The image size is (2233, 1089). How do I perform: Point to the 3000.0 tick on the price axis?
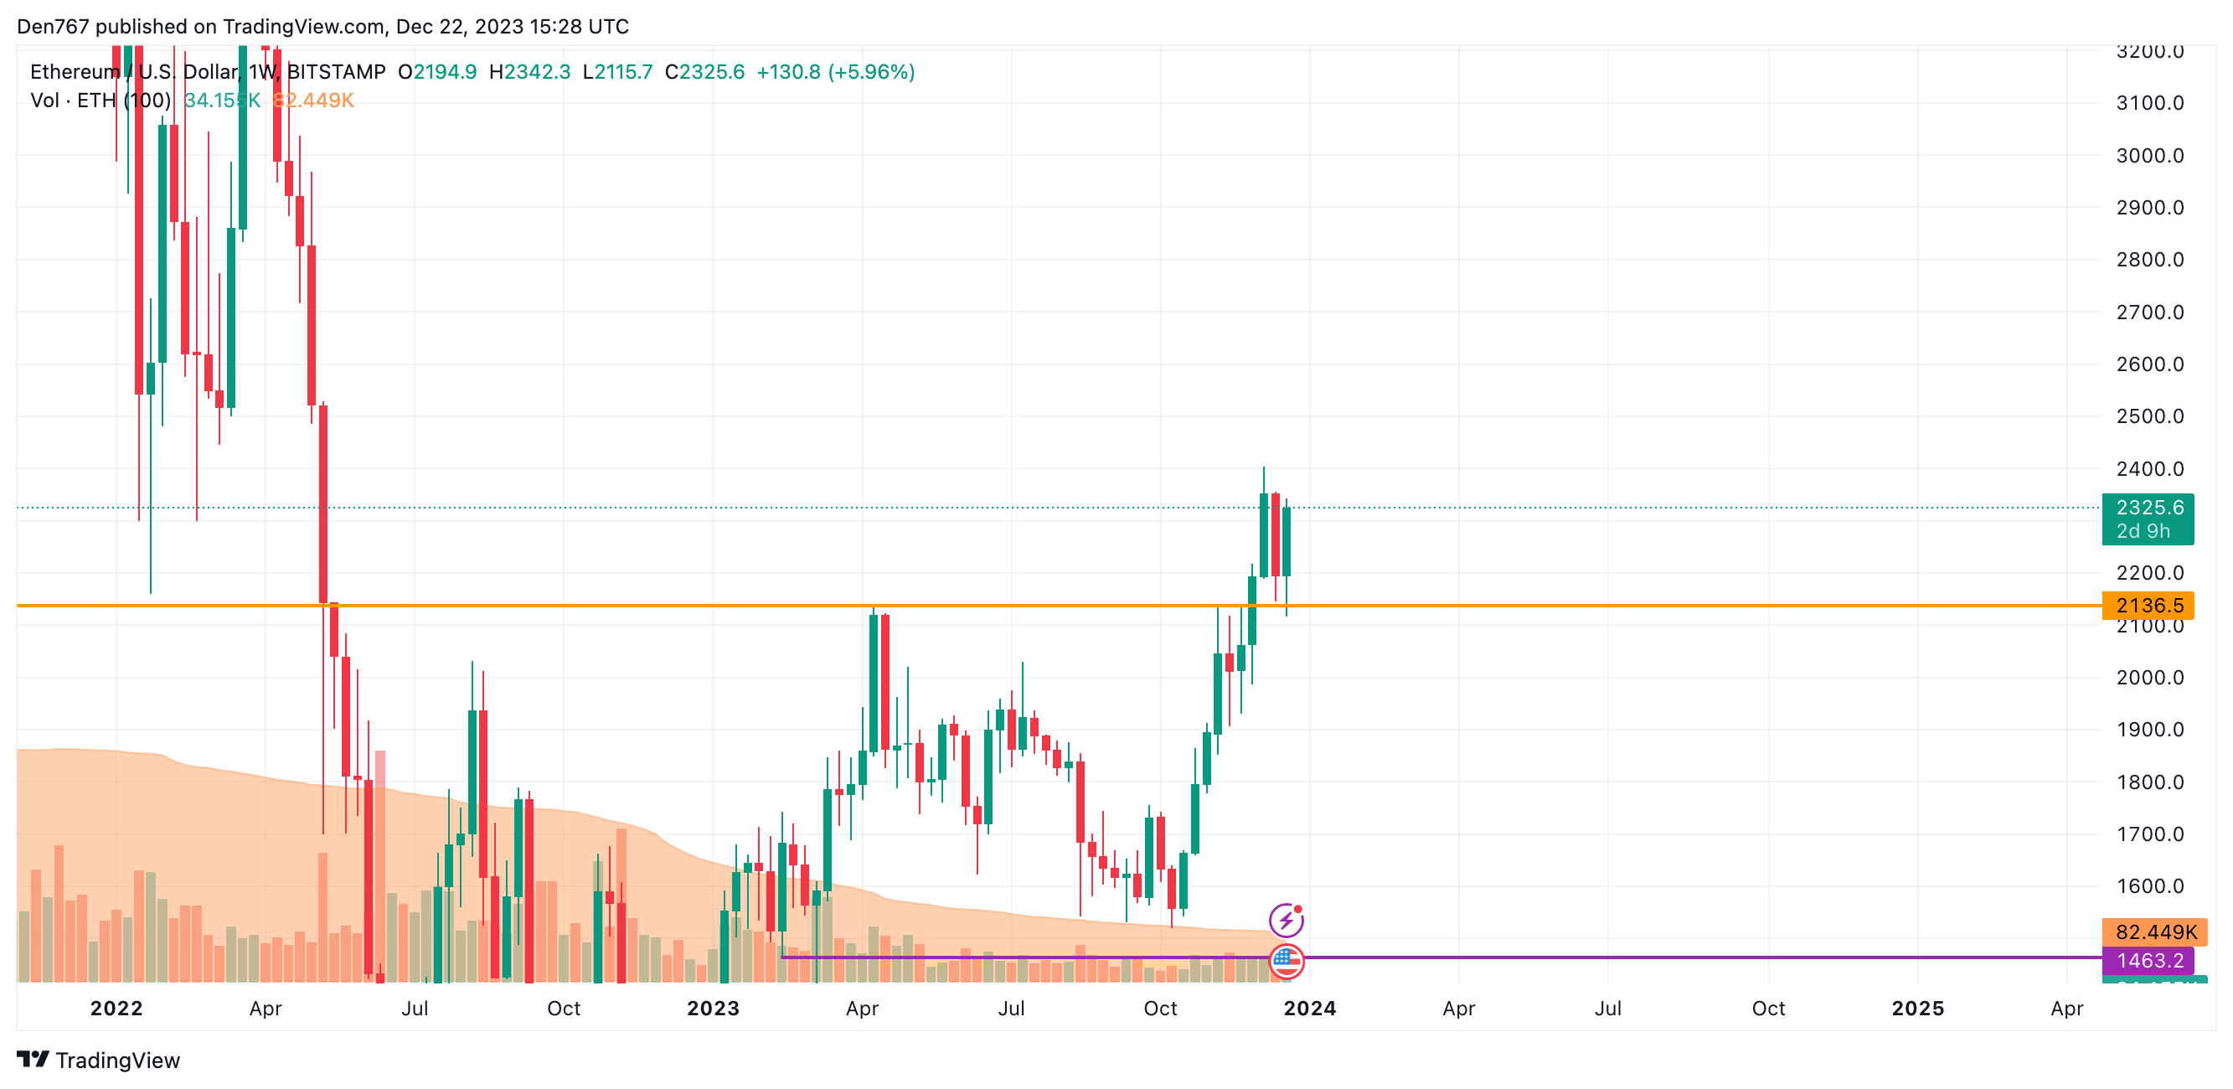click(2149, 155)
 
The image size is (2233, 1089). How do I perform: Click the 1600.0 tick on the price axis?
click(2149, 885)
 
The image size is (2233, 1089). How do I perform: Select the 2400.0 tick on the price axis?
click(2149, 468)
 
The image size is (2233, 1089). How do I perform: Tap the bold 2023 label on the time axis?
click(713, 1008)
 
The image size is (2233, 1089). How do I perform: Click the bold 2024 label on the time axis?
click(1309, 1008)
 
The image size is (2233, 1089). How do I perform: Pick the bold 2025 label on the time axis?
click(1916, 1008)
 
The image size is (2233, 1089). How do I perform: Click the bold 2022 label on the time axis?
click(116, 1008)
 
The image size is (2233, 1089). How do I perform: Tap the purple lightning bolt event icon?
click(1286, 919)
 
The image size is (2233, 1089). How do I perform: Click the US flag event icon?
click(1287, 960)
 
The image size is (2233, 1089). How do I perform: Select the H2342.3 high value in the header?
click(529, 72)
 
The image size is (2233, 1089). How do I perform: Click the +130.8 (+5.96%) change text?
click(835, 72)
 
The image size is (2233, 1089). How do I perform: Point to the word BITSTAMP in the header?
click(336, 72)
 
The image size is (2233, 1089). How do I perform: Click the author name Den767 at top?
click(52, 26)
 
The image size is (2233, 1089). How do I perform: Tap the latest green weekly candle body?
click(1287, 542)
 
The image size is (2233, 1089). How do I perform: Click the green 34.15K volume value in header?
click(222, 101)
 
